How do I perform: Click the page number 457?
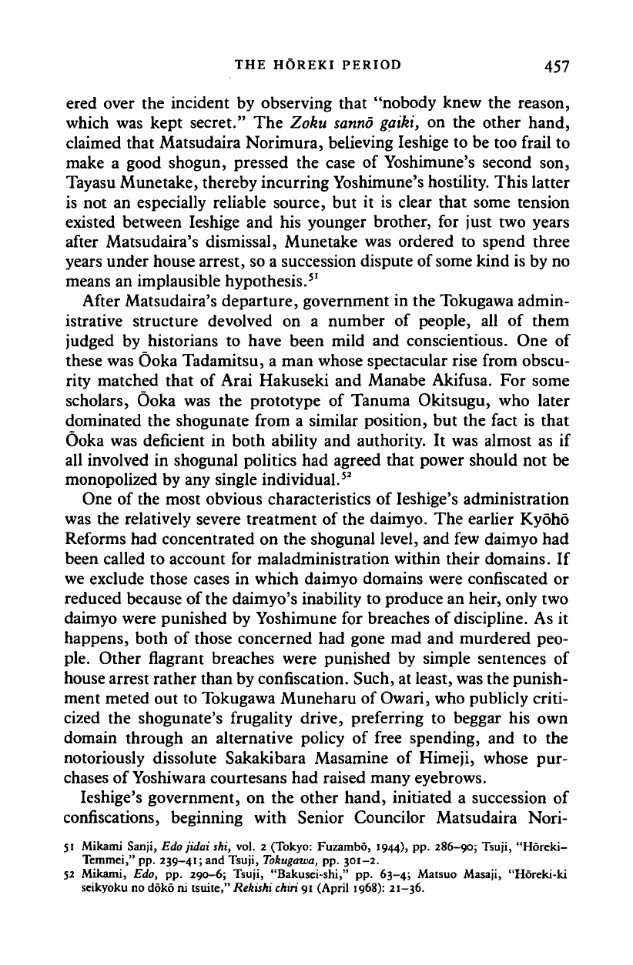point(553,65)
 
